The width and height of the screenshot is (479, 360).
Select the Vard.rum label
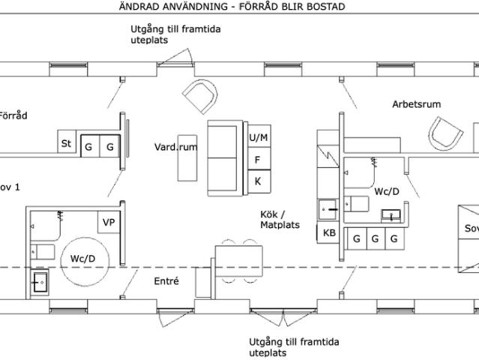pos(176,147)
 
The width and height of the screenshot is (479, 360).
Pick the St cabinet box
pos(67,142)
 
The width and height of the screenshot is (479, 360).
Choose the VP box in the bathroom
pos(108,222)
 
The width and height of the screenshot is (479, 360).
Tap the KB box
pos(329,233)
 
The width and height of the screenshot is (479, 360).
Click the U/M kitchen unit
pos(258,137)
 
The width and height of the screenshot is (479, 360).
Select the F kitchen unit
pos(258,159)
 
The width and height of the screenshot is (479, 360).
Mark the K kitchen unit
pos(258,181)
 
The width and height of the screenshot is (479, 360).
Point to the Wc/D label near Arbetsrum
pos(387,192)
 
